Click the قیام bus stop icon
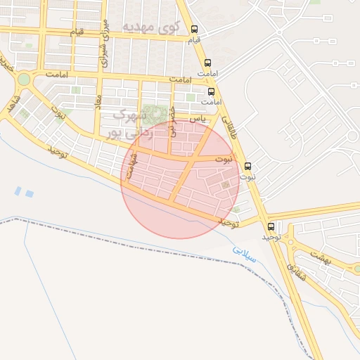coord(195,30)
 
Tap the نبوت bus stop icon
coord(247,167)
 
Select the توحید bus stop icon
coord(271,226)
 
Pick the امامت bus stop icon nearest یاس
coord(212,91)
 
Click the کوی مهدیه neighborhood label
coord(151,27)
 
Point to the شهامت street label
coord(129,167)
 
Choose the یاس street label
coord(201,119)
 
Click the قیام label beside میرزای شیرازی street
coord(75,32)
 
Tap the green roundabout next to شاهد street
coord(24,79)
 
